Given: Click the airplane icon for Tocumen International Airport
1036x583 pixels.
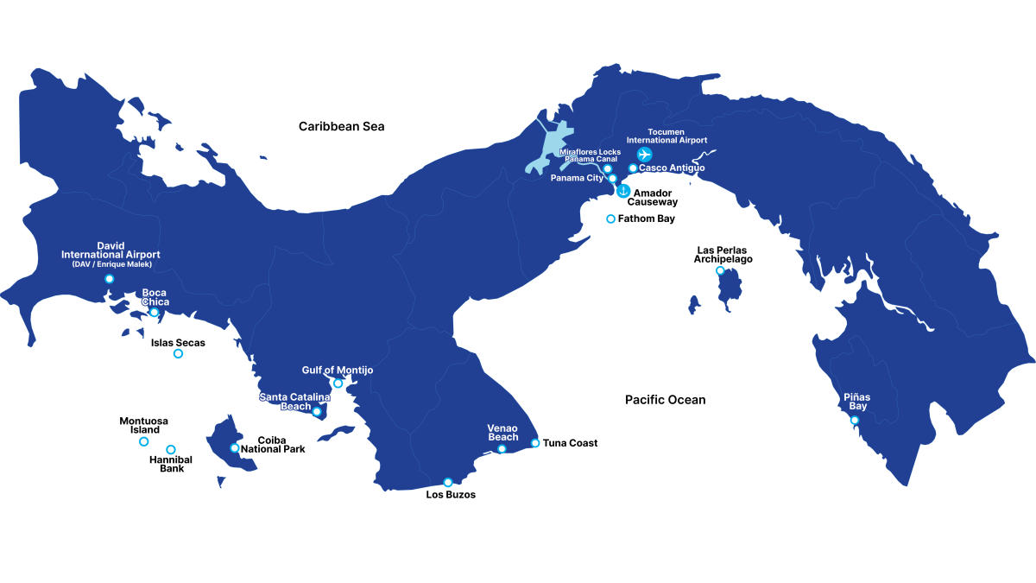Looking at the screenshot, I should [x=644, y=155].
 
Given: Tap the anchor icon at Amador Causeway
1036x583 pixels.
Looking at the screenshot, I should [x=622, y=191].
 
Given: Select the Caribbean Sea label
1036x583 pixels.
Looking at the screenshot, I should [x=341, y=126].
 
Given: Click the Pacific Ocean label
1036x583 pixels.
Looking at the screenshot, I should [x=665, y=400].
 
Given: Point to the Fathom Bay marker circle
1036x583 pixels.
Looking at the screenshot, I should [x=611, y=219].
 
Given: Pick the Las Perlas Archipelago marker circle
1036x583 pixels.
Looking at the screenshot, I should [x=720, y=271].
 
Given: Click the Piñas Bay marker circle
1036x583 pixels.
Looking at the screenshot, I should [x=855, y=421].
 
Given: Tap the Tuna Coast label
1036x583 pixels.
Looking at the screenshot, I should [x=570, y=443].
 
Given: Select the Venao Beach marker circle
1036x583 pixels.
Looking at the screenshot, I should [x=502, y=449].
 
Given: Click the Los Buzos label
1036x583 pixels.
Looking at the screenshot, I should [x=451, y=495].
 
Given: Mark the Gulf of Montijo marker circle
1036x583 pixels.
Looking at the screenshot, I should [x=338, y=383].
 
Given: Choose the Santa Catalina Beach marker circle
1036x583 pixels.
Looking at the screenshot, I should [x=317, y=412].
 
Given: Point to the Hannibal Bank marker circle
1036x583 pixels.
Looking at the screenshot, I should [x=171, y=449].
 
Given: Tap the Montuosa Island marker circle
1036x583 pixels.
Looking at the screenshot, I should [x=143, y=441].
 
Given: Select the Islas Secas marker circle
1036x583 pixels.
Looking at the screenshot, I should [x=178, y=354].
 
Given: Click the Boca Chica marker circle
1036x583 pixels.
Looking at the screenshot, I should [x=154, y=313].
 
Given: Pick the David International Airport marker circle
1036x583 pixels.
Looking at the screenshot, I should [x=109, y=279].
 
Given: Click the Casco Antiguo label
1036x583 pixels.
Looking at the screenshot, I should [x=672, y=168].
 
